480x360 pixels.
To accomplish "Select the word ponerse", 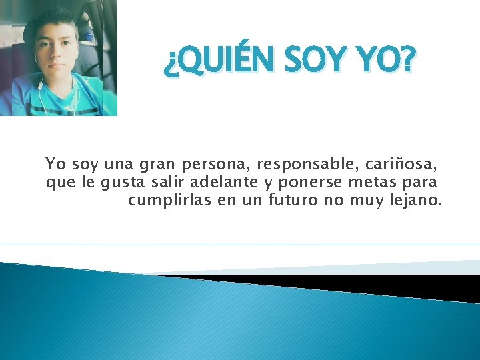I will [315, 182].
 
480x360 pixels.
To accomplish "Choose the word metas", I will [379, 182].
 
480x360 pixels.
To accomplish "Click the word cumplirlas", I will [169, 200].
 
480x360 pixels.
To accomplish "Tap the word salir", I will [169, 182].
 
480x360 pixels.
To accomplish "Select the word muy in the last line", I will [365, 200].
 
